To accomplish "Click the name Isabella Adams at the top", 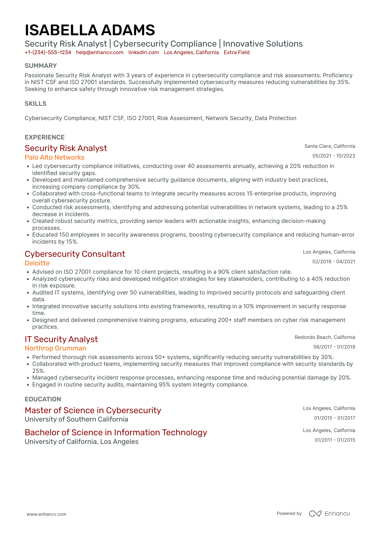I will coord(90,30).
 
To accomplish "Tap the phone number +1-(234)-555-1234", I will coord(48,52).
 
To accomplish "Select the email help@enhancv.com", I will coord(100,52).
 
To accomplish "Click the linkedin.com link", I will coord(144,52).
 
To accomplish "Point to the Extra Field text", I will coord(237,52).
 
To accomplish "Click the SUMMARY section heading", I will coord(41,66).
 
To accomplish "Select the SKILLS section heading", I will coord(36,104).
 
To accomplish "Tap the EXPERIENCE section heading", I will coord(45,137).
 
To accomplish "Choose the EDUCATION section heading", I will coord(43,399).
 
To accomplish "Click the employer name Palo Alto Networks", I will coord(54,157).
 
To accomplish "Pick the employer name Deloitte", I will coord(37,263).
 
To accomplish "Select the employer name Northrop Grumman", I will coord(56,348).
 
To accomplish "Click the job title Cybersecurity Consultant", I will coord(75,254).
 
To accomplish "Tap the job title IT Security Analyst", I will coord(61,339).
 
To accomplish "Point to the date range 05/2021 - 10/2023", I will coord(334,156).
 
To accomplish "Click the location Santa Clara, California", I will coord(330,146).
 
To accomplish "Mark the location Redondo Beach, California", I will coord(325,337).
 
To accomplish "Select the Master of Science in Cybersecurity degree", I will coord(93,410).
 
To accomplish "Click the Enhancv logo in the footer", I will coord(329,514).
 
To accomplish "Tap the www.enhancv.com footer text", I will coord(46,514).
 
